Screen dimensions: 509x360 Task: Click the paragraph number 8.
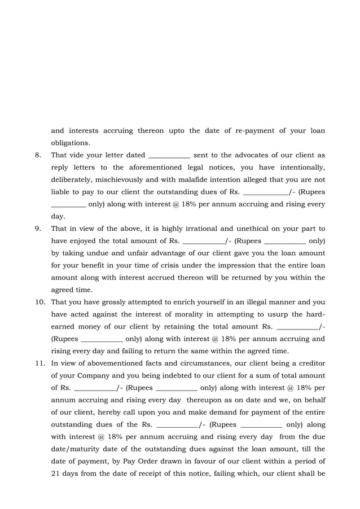click(x=37, y=155)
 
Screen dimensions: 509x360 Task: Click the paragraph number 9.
click(x=37, y=229)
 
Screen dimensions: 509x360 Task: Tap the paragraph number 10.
click(x=39, y=302)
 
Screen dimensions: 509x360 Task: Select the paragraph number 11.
click(x=39, y=363)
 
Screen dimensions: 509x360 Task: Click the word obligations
click(x=70, y=143)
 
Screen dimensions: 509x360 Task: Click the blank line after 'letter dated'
click(x=169, y=155)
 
